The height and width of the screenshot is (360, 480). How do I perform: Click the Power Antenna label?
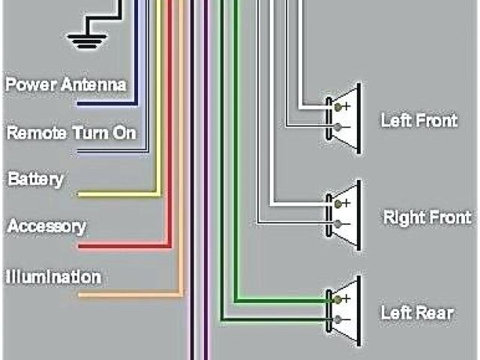(x=66, y=84)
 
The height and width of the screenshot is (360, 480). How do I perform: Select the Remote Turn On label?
(x=71, y=133)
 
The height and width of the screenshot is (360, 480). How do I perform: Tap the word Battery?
(x=35, y=180)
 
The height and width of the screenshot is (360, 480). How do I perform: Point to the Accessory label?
(x=46, y=226)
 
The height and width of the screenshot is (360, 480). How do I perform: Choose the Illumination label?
(x=53, y=277)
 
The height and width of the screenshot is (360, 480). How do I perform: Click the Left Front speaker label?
(x=418, y=119)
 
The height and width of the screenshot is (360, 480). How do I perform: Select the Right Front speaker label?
(x=427, y=217)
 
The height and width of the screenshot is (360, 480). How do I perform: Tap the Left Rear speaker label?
(x=417, y=312)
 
